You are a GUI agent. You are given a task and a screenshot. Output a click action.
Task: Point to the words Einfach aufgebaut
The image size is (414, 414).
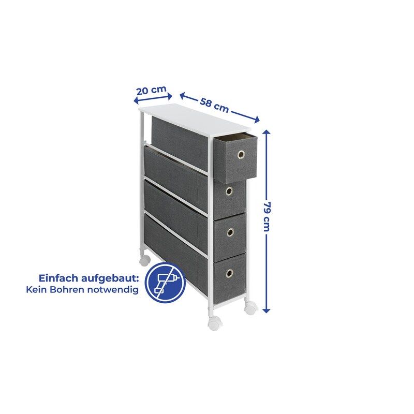(x=88, y=278)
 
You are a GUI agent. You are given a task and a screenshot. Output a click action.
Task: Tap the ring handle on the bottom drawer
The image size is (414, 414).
(x=228, y=273)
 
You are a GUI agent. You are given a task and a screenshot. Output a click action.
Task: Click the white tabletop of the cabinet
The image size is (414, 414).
(x=194, y=119)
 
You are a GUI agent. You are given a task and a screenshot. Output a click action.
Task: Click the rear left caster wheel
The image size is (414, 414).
(x=145, y=257)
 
